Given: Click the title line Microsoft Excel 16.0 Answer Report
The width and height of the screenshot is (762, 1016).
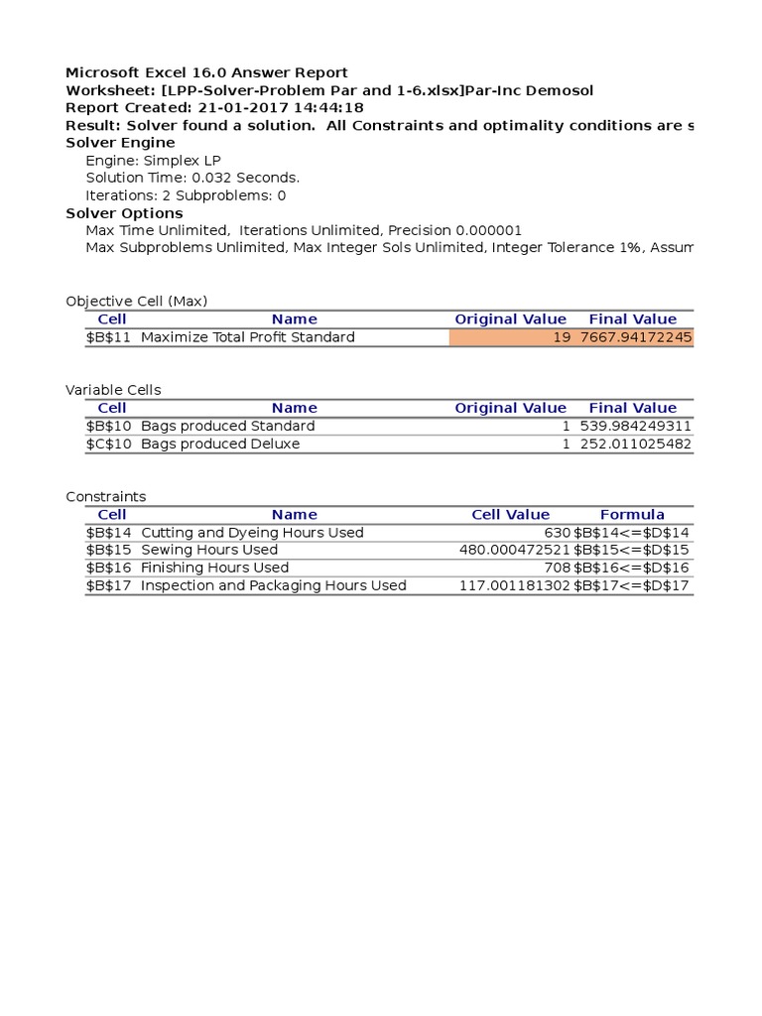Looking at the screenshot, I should click(x=206, y=72).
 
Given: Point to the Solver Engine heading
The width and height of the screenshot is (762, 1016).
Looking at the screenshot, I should click(x=120, y=143).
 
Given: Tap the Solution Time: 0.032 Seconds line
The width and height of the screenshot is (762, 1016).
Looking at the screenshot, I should click(x=192, y=179).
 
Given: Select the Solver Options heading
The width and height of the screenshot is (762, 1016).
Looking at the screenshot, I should click(x=124, y=213).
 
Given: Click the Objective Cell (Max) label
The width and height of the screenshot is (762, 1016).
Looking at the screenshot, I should click(x=136, y=302).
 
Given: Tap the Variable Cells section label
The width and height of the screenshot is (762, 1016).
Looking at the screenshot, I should click(x=113, y=390).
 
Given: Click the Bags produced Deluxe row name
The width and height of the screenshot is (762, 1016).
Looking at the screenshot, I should click(x=220, y=444).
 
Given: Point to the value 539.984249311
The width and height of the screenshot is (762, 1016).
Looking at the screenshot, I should click(x=635, y=426).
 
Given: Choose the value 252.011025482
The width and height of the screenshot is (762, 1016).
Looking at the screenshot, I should click(x=635, y=444).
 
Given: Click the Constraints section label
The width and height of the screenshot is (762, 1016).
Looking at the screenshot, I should click(x=105, y=496).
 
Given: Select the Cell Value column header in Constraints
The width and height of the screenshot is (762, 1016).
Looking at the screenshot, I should click(x=510, y=514).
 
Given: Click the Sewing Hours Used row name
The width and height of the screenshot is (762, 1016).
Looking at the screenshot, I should click(x=209, y=550).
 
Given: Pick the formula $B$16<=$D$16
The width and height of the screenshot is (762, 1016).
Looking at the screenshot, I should click(x=631, y=568).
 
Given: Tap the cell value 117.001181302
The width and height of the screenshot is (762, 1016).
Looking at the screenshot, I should click(x=515, y=585).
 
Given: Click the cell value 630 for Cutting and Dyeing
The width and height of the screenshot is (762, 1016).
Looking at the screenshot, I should click(x=558, y=532).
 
